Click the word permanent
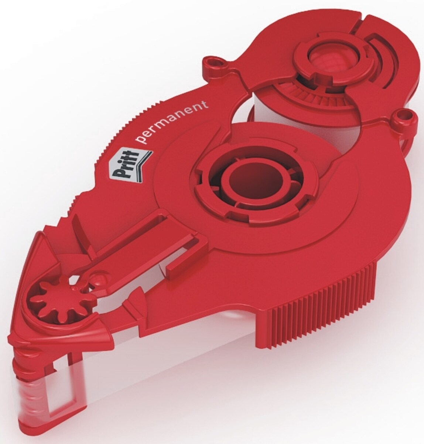pyautogui.click(x=171, y=123)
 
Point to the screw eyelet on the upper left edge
pyautogui.click(x=213, y=62)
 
